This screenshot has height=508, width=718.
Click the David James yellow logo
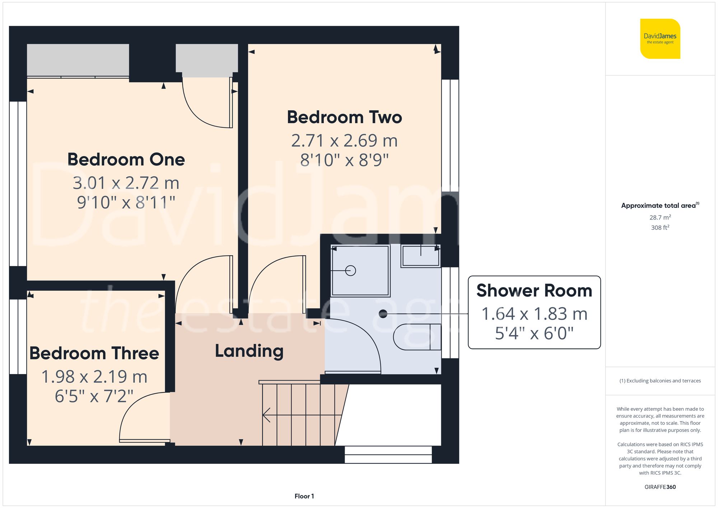[x=660, y=39]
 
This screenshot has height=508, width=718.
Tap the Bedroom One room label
[x=126, y=159]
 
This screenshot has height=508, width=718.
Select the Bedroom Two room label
[x=344, y=117]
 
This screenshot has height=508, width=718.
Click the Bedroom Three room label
[x=94, y=353]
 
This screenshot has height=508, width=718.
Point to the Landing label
[x=249, y=351]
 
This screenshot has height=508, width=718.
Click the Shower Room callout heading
[x=534, y=290]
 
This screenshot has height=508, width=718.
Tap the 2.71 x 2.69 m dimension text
[x=344, y=141]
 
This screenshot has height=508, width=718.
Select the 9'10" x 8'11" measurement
[x=126, y=202]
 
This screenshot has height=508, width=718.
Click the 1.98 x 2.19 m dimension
[x=94, y=377]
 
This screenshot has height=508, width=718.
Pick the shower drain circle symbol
[x=350, y=271]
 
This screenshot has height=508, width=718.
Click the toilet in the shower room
[x=416, y=337]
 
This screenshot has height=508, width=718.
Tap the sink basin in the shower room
[x=421, y=256]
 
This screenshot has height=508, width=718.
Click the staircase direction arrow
[x=266, y=415]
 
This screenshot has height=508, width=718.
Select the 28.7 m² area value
[x=660, y=218]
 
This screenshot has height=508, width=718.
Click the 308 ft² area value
[x=660, y=228]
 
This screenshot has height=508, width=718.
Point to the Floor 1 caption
[x=304, y=496]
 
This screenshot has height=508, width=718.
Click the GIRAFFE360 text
[x=660, y=487]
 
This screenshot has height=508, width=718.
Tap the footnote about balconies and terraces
[x=660, y=381]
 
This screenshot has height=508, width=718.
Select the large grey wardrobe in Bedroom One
[x=78, y=60]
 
